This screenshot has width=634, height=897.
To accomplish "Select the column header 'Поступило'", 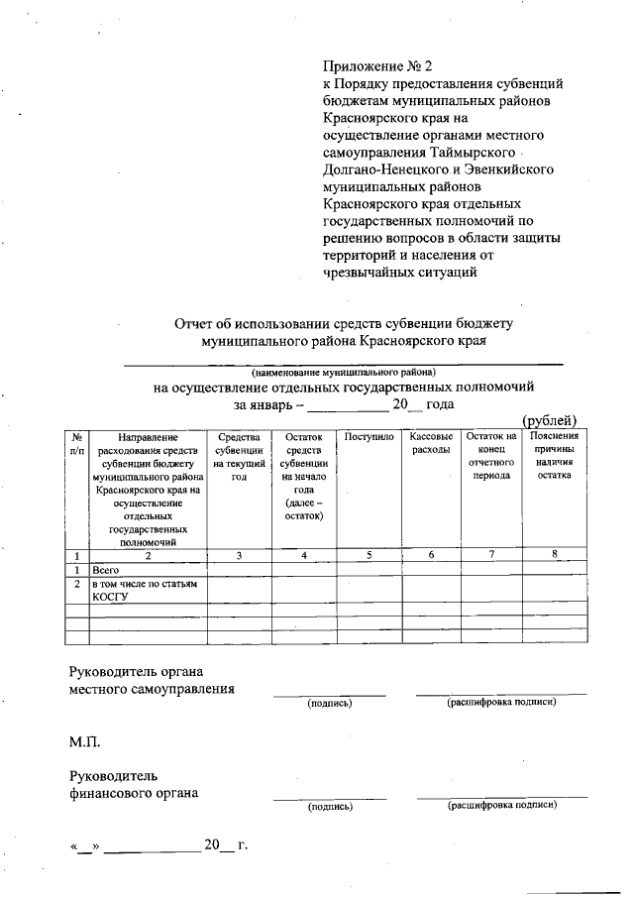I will (369, 436).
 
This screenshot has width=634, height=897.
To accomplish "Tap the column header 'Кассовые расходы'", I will (432, 443).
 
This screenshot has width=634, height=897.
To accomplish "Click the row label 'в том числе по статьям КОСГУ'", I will (146, 591).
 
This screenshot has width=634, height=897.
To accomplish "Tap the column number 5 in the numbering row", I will (369, 555).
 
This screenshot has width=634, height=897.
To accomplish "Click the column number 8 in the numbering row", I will (555, 555).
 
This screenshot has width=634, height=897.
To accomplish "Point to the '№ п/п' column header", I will (77, 443).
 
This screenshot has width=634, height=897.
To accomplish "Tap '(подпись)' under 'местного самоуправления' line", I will (330, 703).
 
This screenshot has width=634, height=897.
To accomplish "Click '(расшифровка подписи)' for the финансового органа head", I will (502, 805).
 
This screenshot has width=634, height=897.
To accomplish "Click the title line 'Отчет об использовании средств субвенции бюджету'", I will (344, 323).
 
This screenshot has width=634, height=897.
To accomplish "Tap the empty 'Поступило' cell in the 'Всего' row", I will (369, 571).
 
